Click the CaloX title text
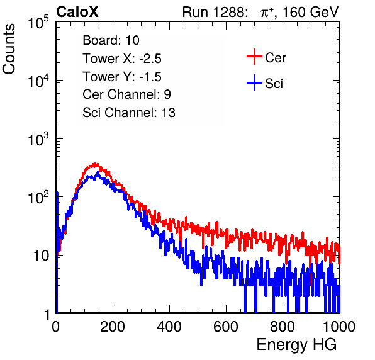click(77, 12)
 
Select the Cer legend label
click(275, 58)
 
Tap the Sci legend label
click(274, 84)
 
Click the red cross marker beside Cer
click(254, 57)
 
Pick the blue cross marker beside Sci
click(254, 82)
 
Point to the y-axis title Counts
click(9, 49)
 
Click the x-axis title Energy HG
click(296, 345)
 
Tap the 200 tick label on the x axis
click(113, 327)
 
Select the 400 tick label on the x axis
click(169, 327)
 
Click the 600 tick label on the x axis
click(226, 327)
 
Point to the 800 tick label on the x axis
click(283, 327)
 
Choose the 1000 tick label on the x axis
click(339, 327)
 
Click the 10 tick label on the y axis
click(42, 256)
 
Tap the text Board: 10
click(111, 40)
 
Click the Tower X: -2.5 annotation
click(122, 59)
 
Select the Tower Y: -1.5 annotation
click(122, 77)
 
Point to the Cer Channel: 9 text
click(126, 94)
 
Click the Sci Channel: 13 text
click(129, 113)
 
